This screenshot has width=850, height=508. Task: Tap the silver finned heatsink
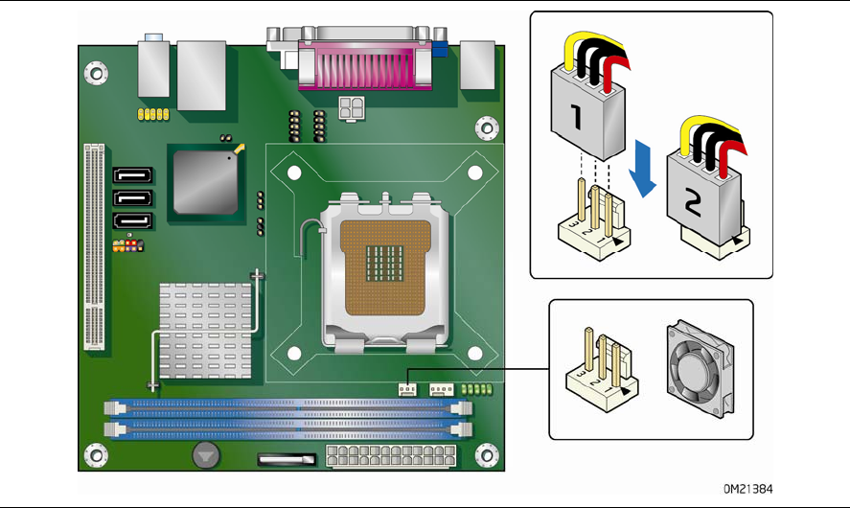[200, 330]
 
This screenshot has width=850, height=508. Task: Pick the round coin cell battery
[205, 454]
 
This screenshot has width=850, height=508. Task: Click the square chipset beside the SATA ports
[204, 181]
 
